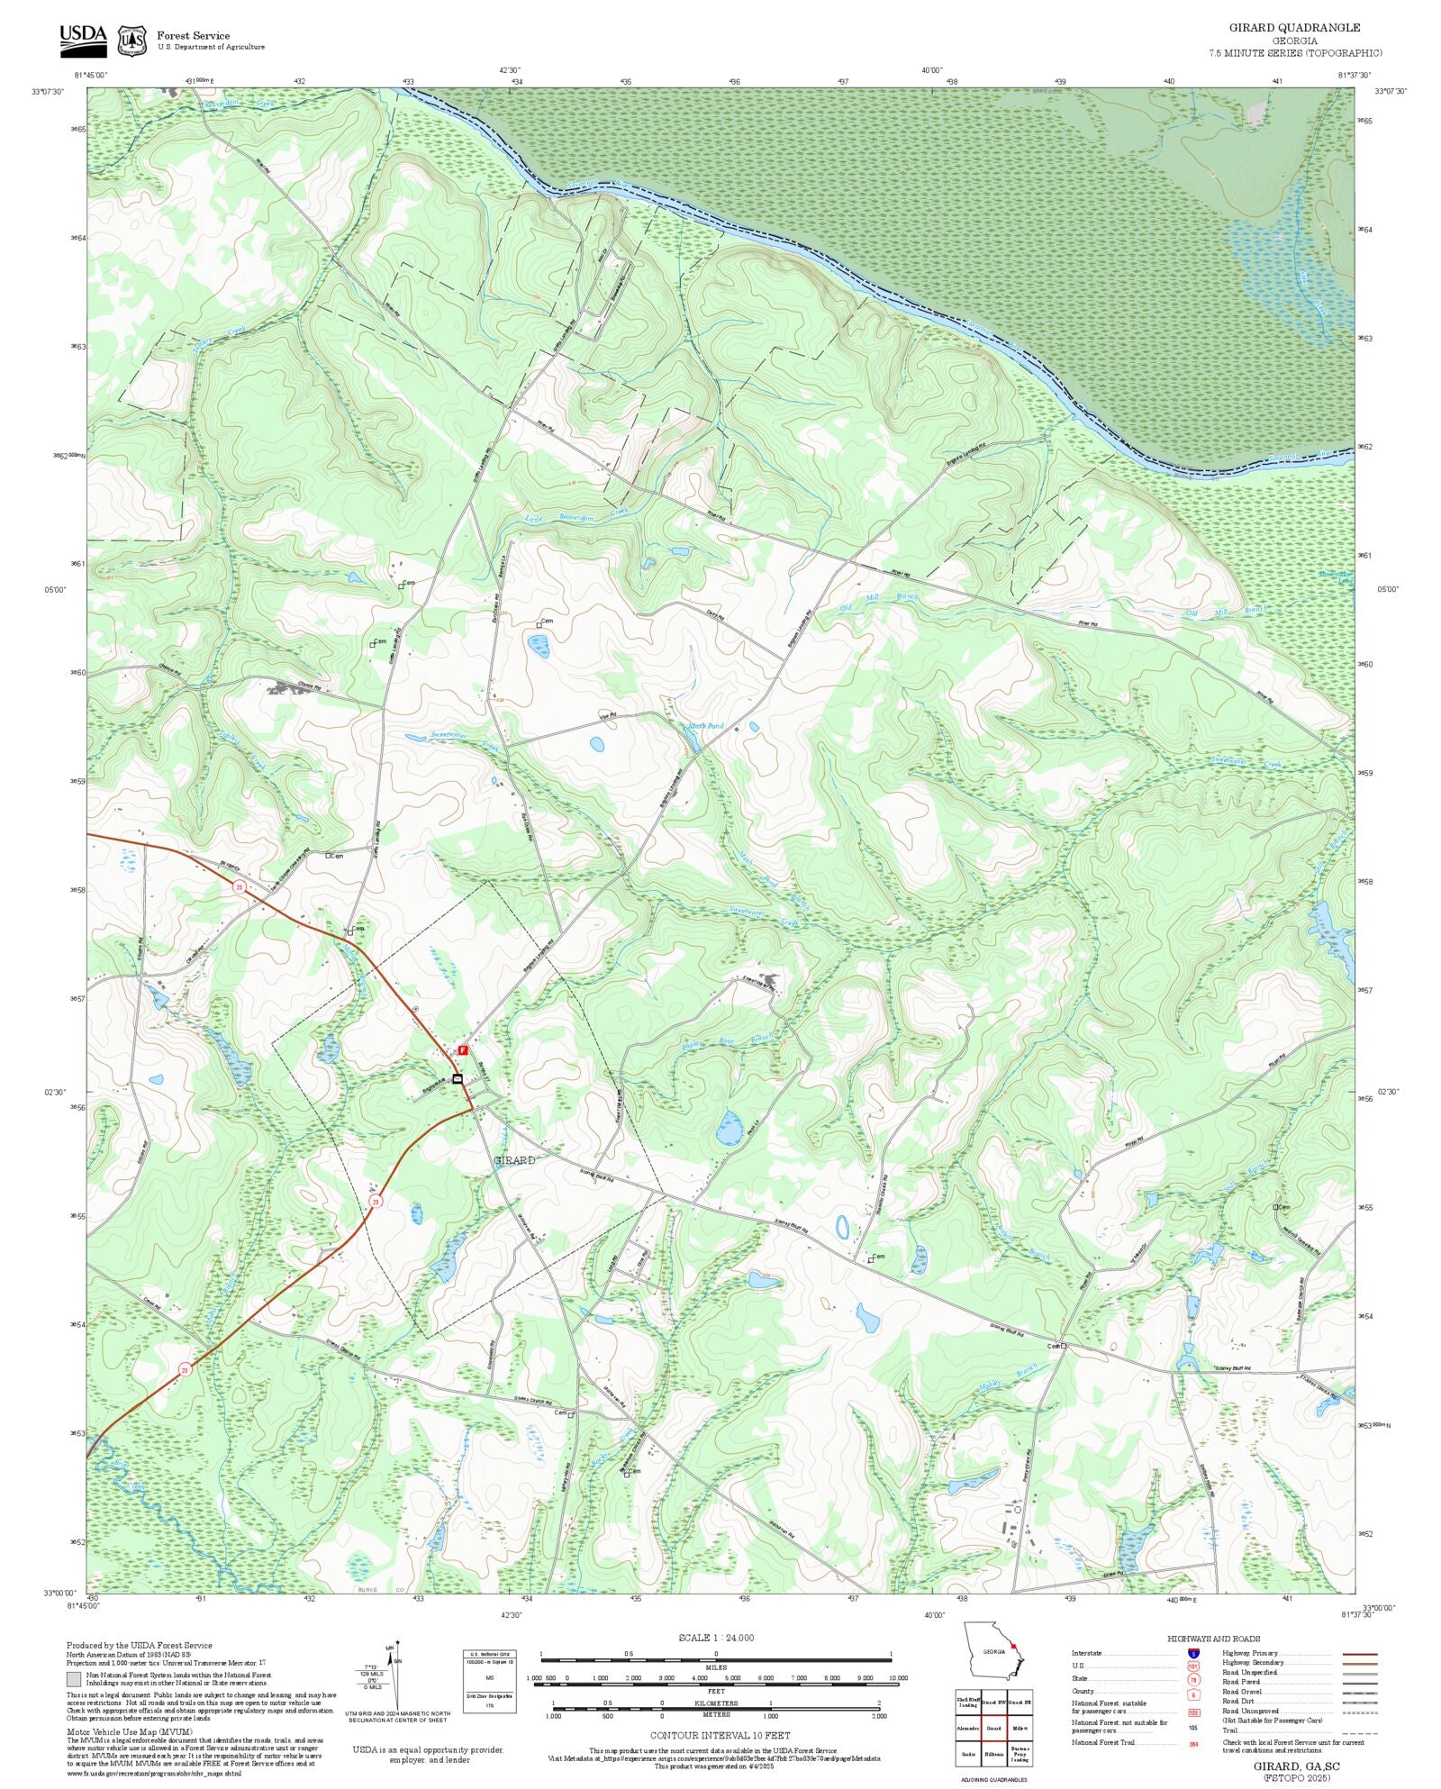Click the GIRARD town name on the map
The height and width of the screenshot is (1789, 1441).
click(x=514, y=1160)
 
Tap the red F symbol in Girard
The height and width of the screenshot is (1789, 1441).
click(x=463, y=1049)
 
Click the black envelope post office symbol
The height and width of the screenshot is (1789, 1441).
click(x=458, y=1078)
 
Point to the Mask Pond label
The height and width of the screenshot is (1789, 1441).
click(x=706, y=726)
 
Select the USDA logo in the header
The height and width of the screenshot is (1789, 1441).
click(x=83, y=41)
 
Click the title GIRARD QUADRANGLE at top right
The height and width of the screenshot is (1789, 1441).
click(x=1294, y=28)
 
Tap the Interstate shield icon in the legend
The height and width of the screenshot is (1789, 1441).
click(x=1193, y=1654)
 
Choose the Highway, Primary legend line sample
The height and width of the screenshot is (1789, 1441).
click(x=1359, y=1654)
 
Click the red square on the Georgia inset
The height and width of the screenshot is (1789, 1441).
click(x=1013, y=1646)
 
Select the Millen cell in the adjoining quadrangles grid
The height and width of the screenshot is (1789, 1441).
click(x=1020, y=1729)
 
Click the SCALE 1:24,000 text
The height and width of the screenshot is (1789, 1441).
click(x=716, y=1638)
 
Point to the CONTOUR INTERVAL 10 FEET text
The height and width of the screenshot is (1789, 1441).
click(x=720, y=1735)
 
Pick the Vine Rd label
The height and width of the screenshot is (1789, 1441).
click(x=608, y=716)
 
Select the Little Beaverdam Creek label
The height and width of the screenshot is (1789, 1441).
click(x=576, y=516)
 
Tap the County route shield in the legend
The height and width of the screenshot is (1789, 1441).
click(x=1193, y=1695)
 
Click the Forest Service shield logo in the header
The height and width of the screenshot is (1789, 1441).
click(x=132, y=41)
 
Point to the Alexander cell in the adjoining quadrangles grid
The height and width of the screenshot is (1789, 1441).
click(x=968, y=1729)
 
